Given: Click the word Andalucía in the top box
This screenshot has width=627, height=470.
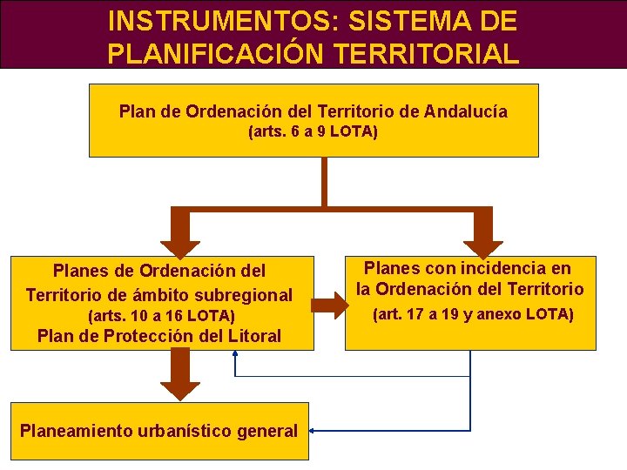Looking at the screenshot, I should [466, 111].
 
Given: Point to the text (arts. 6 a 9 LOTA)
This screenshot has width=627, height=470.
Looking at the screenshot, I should [313, 133].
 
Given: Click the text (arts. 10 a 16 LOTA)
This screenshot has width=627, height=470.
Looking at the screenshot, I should [162, 316].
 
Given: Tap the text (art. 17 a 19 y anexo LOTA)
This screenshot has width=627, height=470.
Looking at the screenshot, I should [473, 314].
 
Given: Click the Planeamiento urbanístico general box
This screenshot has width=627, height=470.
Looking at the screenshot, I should [159, 431].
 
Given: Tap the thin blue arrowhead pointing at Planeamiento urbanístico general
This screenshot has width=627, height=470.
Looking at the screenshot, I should [314, 431].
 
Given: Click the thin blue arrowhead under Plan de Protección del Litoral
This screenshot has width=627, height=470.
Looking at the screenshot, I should [236, 357].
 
